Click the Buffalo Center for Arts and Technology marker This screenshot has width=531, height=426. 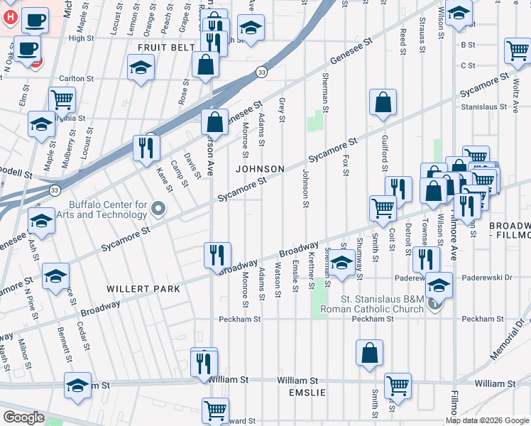(x=158, y=209)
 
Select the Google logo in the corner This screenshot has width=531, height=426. (x=23, y=417)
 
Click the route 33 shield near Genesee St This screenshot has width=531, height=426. (x=262, y=72)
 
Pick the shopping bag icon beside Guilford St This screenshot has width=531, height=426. (x=383, y=102)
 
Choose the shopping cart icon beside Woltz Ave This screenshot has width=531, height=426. (x=518, y=51)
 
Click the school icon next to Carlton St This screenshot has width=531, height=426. (x=141, y=69)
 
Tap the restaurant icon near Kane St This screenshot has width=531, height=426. (x=146, y=148)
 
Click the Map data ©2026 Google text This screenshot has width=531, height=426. (x=486, y=420)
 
